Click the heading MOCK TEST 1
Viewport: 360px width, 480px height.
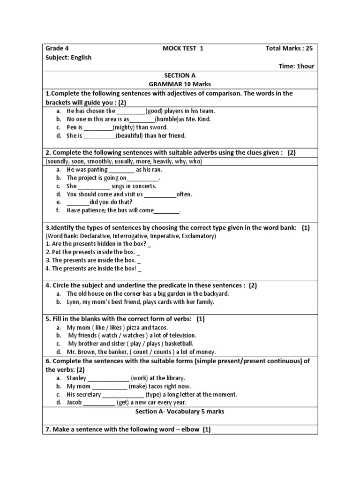(183, 48)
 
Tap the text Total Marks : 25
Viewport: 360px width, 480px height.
(289, 48)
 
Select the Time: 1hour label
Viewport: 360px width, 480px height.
(297, 67)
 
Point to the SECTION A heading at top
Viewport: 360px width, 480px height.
(180, 75)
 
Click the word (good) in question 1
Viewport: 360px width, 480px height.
(155, 111)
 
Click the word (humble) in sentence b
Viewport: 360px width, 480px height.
(165, 119)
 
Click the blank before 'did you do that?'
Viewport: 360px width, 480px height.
(78, 202)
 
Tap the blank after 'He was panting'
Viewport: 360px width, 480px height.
(121, 170)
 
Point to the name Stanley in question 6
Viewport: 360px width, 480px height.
(76, 378)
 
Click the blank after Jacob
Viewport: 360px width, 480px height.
(99, 403)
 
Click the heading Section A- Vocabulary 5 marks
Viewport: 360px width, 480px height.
(180, 412)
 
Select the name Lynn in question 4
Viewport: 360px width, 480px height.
(73, 302)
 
